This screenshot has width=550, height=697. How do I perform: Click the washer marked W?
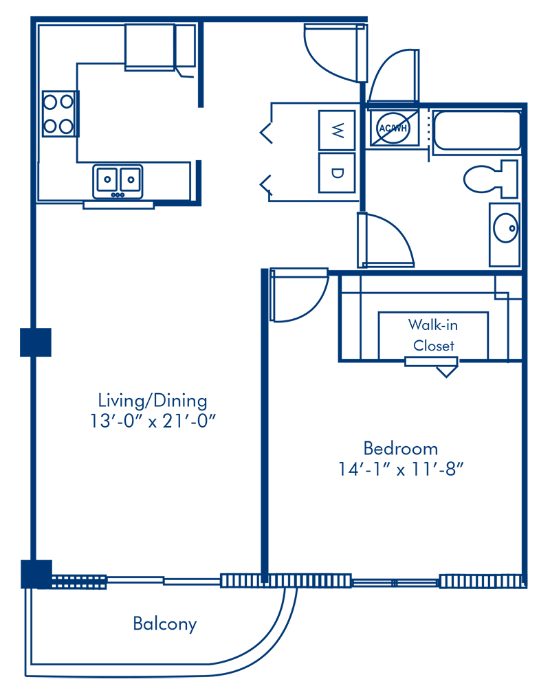(337, 129)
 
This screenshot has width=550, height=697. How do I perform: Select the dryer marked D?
(337, 173)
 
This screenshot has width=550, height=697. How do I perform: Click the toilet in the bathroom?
(489, 179)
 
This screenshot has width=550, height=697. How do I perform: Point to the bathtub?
(476, 131)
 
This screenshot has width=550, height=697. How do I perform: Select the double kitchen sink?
(118, 181)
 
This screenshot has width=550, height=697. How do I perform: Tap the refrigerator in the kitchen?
(150, 46)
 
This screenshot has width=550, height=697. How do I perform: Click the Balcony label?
(164, 624)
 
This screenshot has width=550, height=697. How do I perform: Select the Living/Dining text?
(152, 400)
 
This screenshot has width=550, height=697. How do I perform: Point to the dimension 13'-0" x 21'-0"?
(152, 421)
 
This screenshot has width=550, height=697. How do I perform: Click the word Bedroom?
(400, 449)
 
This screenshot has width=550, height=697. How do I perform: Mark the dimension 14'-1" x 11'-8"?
(401, 470)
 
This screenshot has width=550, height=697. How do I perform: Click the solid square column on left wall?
(36, 342)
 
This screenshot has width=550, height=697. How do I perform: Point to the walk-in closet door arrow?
(447, 371)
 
